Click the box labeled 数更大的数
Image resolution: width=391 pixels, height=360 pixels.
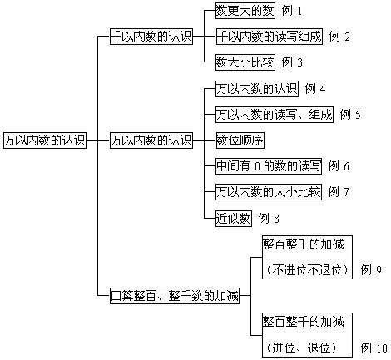coord(245,11)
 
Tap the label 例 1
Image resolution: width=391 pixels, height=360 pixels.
coord(292,11)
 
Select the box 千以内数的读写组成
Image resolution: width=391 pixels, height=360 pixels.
coord(270,37)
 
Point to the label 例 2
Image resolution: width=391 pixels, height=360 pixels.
coord(339,37)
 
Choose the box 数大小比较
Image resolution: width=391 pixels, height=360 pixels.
coord(245,62)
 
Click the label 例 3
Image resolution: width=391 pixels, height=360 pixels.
coord(292,62)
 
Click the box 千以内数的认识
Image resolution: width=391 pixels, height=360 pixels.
coord(151,36)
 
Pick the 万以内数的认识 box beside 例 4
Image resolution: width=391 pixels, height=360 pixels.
coord(257,89)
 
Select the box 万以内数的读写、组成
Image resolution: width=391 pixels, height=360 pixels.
coord(275,115)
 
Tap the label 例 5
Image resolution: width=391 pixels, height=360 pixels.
coord(350,115)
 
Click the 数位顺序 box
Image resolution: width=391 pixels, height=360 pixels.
coord(240,141)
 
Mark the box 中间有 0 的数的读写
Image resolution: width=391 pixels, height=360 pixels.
coord(269,166)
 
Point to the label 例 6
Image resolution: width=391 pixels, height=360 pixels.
coord(339,166)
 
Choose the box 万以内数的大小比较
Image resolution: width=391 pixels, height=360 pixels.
coord(269,192)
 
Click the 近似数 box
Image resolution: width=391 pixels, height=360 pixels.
coord(234,219)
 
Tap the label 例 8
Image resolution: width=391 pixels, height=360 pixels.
coord(269,219)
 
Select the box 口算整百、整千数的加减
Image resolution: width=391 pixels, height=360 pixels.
coord(175,296)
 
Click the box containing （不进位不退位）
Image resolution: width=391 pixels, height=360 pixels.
coord(307,257)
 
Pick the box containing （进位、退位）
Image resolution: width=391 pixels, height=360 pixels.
coord(307,335)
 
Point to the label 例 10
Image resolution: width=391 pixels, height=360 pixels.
coord(374,348)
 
